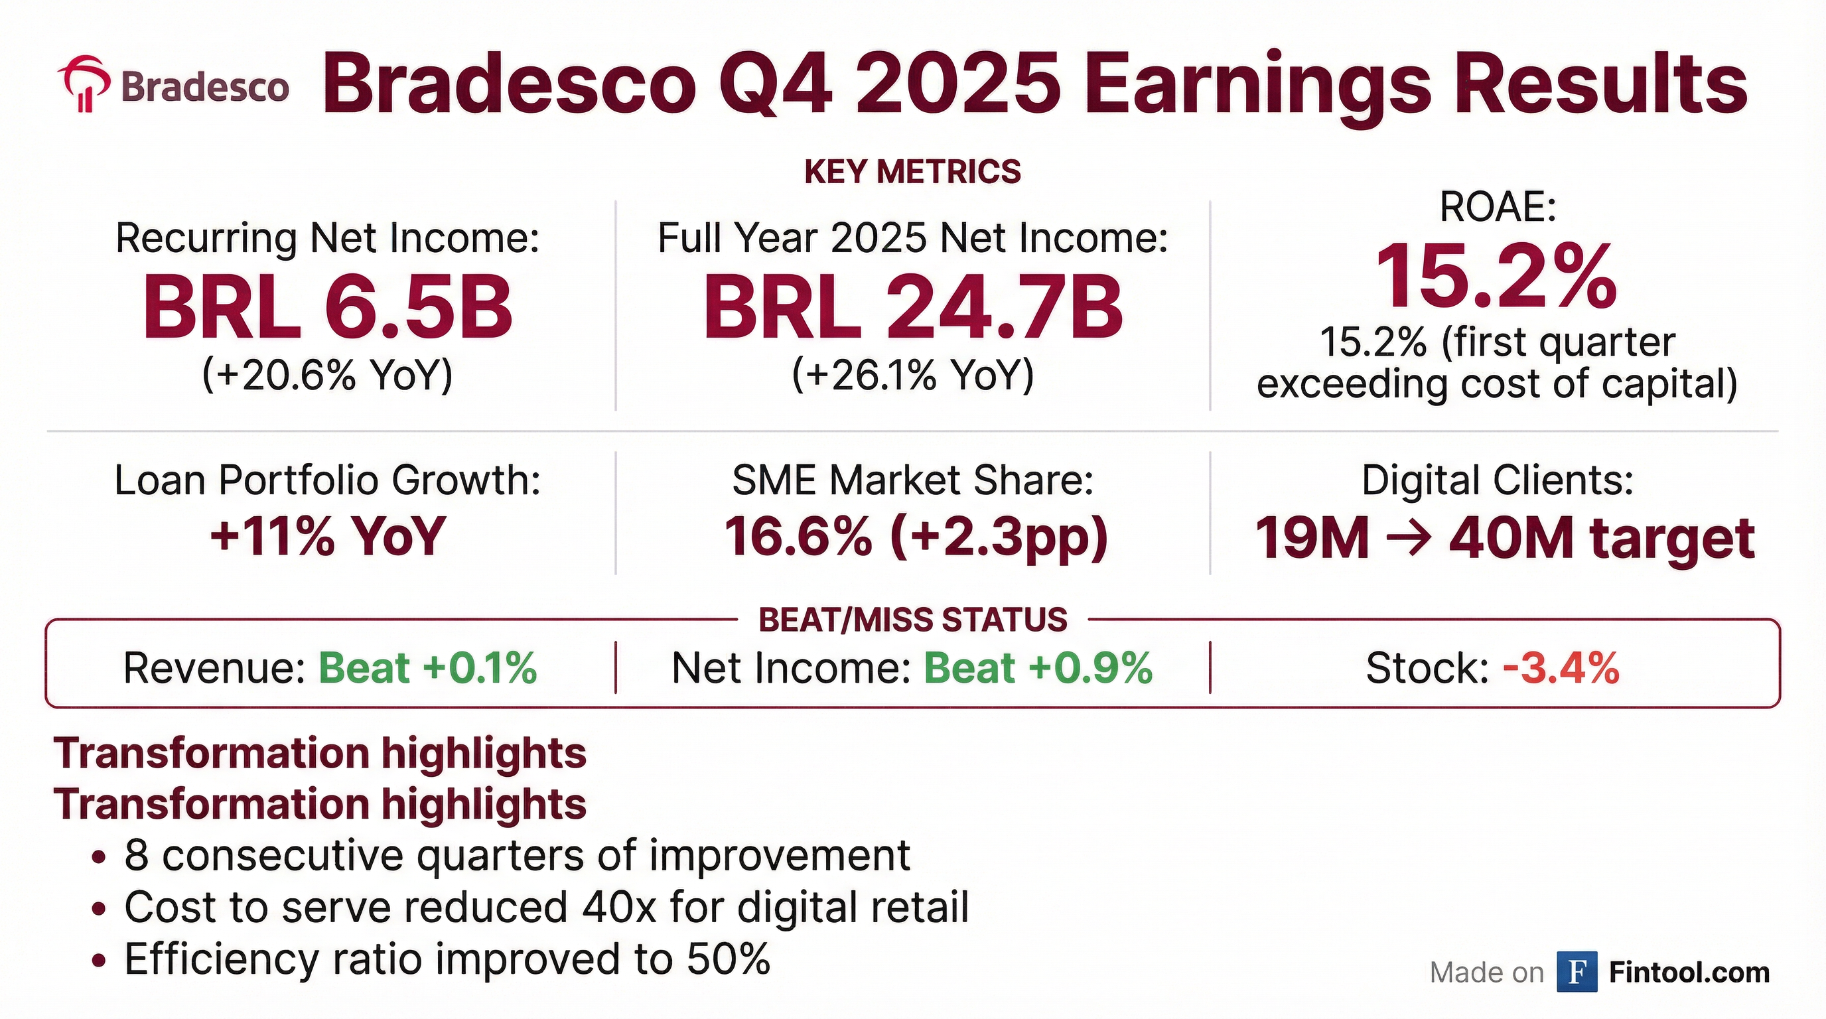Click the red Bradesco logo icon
coord(84,84)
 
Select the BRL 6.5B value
coord(328,308)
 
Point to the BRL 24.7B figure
coord(912,308)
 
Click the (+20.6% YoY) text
coord(328,375)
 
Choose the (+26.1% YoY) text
coord(913,375)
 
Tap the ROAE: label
coord(1498,208)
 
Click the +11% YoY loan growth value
coord(328,537)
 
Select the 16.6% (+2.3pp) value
coord(916,537)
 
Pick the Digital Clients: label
coord(1498,480)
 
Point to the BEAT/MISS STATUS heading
coord(913,620)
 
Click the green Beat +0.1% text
coord(428,668)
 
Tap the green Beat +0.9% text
coord(1038,668)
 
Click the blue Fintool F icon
coord(1577,973)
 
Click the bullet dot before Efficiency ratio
coord(100,961)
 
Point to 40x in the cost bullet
coord(620,907)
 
